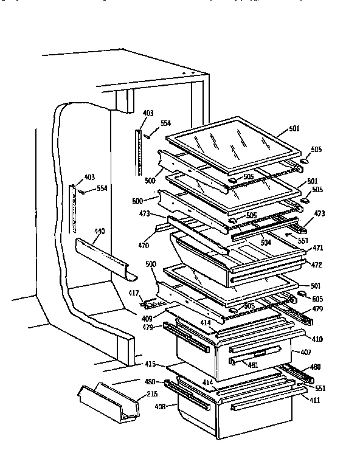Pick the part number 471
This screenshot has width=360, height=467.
(317, 249)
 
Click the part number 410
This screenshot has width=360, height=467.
(316, 338)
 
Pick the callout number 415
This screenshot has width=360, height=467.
(150, 364)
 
